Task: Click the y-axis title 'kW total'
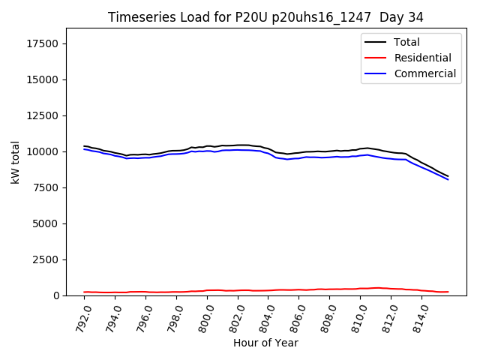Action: click(x=16, y=162)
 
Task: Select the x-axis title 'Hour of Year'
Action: click(x=265, y=343)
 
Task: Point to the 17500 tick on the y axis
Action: click(x=43, y=43)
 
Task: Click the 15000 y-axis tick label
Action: click(x=43, y=79)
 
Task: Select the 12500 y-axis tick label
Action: click(x=43, y=115)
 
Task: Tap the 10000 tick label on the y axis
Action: click(x=43, y=151)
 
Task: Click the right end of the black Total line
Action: click(x=448, y=176)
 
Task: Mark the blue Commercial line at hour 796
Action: click(x=145, y=157)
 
